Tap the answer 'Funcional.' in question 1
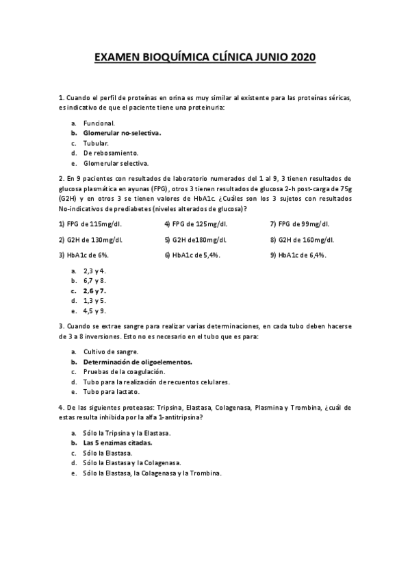tap(99, 123)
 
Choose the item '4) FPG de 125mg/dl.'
tap(195, 224)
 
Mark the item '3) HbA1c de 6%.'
tap(84, 255)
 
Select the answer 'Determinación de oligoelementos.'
tap(138, 361)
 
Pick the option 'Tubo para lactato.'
tap(112, 392)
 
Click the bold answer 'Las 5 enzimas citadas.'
tap(117, 443)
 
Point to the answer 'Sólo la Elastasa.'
tap(107, 453)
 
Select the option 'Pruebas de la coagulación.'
tap(125, 371)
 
